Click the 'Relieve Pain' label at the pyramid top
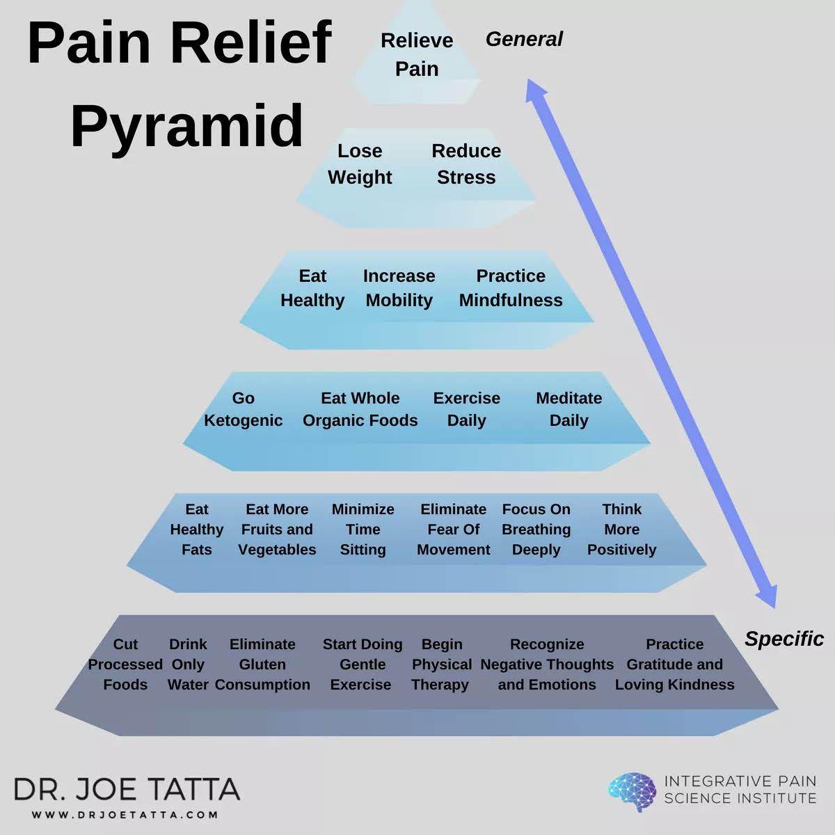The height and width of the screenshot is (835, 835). coord(417,54)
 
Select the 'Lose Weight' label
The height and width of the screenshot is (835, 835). coord(360,164)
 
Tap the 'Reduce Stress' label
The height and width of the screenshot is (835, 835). coord(466,164)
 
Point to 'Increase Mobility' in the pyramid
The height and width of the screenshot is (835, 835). coord(399,288)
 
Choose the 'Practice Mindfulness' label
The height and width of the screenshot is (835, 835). coord(511,288)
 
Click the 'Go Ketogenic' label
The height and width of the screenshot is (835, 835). coord(243,409)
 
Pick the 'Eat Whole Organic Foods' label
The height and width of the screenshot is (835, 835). coord(360,409)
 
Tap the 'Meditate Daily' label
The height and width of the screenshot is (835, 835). coord(568,409)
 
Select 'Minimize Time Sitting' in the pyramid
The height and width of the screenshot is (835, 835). coord(363,530)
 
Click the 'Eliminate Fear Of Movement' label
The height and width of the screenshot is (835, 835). coord(453,530)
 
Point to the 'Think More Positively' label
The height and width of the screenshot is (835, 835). coord(621,530)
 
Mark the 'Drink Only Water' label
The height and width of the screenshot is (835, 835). coord(188,665)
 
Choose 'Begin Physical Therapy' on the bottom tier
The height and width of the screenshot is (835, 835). coord(441,665)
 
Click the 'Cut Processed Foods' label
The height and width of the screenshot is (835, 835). coord(125,665)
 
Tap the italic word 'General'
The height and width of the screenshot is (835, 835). coord(524,40)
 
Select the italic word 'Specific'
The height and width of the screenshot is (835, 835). coord(784,639)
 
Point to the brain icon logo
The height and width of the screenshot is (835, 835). coord(632,792)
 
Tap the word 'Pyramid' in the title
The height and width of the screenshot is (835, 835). coord(186,126)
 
